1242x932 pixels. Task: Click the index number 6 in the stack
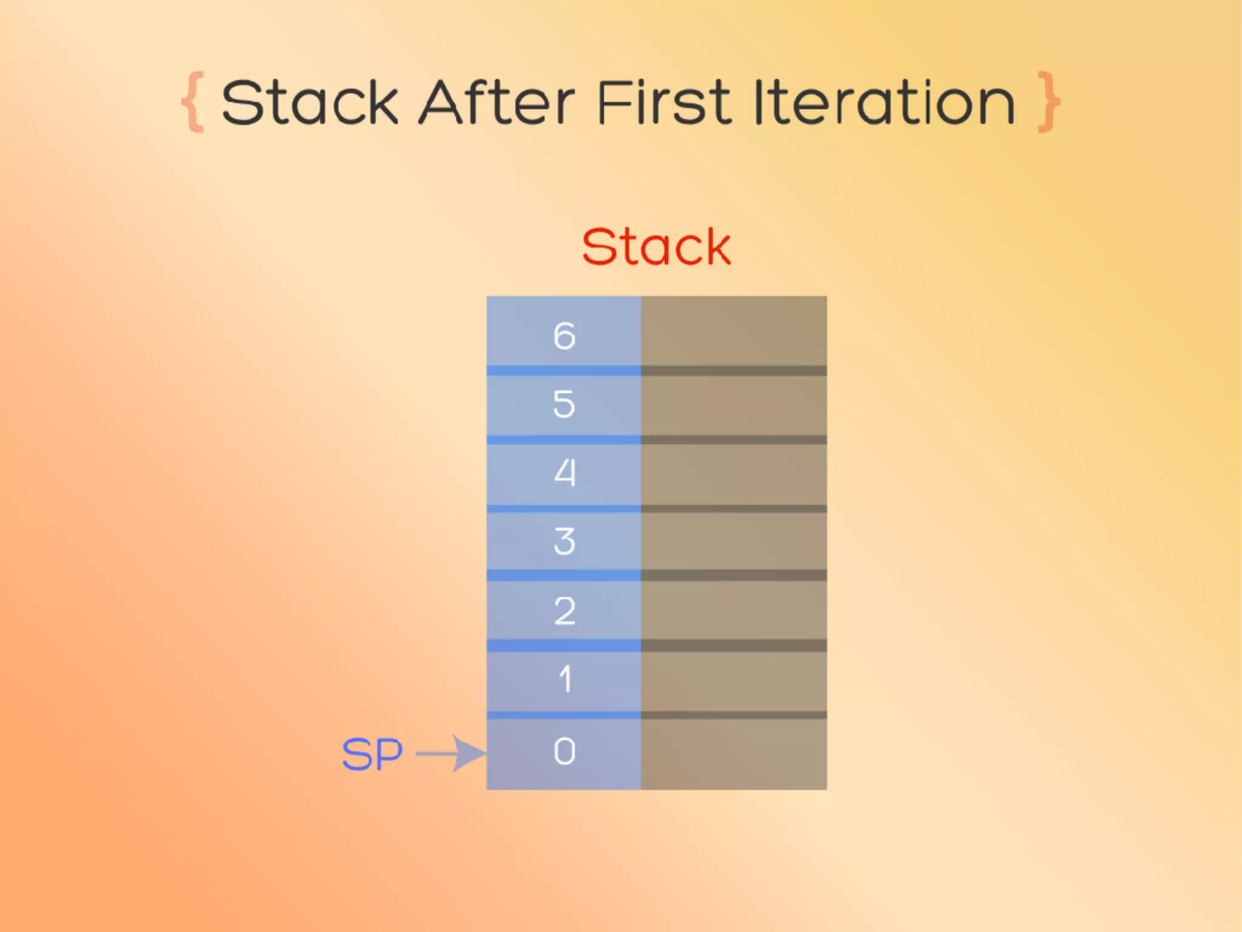[x=564, y=336]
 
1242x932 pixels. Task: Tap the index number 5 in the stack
[x=564, y=404]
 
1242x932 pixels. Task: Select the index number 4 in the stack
[x=565, y=473]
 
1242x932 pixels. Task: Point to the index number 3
[x=564, y=541]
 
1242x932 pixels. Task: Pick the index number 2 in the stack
[x=564, y=610]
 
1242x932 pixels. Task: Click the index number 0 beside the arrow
[x=564, y=752]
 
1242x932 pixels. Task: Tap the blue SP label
[x=372, y=754]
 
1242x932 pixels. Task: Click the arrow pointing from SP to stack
[x=452, y=754]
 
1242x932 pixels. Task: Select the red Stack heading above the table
[x=656, y=247]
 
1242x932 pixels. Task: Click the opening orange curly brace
[x=193, y=102]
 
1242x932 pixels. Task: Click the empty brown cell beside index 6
[x=734, y=331]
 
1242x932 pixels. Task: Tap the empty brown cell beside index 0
[x=734, y=754]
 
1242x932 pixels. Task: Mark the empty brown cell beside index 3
[x=734, y=541]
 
